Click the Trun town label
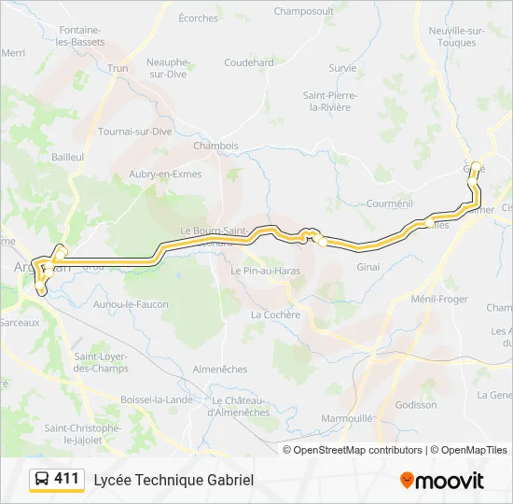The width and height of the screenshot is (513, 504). coord(118,68)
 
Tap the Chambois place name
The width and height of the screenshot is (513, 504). coord(215,146)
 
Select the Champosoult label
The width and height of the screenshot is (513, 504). coord(303,11)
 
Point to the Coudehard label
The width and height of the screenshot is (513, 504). coord(249,63)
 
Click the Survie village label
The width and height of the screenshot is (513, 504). coord(342,68)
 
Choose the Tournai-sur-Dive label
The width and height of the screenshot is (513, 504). coord(135,132)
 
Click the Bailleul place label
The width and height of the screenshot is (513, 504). coord(68,157)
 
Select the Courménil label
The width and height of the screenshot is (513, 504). coord(389,203)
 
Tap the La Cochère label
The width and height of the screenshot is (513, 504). coord(275,315)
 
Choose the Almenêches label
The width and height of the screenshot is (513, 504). coord(219,370)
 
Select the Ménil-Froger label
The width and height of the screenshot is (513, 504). coord(440,299)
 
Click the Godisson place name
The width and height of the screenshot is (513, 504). coord(416,405)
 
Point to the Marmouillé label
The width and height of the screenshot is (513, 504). coord(348,419)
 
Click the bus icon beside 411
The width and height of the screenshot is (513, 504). coord(42,480)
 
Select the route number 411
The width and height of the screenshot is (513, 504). coord(66,479)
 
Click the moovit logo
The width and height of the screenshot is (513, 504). coord(442,481)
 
